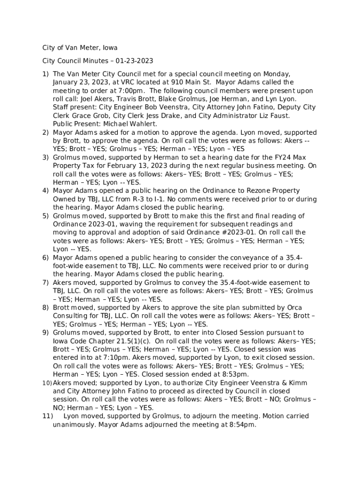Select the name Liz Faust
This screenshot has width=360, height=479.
pyautogui.click(x=277, y=116)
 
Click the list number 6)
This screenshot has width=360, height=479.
pyautogui.click(x=45, y=258)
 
